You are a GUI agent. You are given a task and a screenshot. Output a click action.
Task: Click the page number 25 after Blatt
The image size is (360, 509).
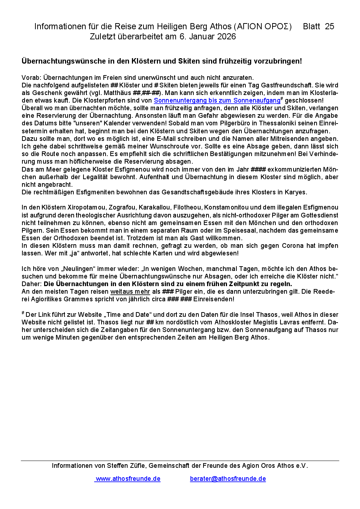(x=329, y=26)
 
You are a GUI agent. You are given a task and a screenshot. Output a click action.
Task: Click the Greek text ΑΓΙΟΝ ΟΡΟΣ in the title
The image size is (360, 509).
(x=263, y=26)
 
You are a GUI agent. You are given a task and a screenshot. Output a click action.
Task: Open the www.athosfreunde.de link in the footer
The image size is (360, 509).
(x=128, y=479)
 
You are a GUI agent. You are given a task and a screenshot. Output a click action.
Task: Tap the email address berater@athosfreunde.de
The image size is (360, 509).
(x=228, y=479)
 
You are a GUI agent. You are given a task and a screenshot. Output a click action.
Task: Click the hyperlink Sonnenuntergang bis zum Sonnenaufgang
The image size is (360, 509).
(x=217, y=100)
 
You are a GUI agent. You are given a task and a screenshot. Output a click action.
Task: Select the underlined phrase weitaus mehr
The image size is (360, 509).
(x=130, y=292)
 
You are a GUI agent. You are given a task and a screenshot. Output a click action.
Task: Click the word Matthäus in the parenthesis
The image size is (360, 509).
(x=117, y=93)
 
